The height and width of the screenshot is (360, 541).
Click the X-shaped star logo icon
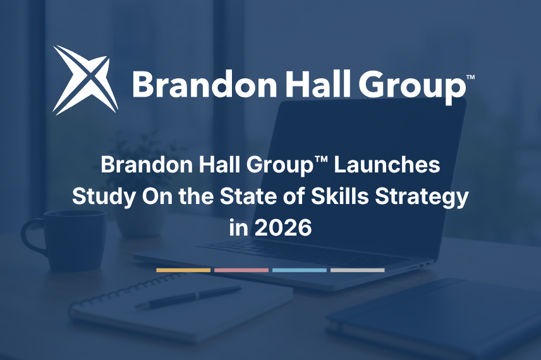pos(85,80)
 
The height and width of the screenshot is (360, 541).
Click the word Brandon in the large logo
pos(204,83)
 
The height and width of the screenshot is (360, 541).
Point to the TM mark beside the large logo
pos(470,77)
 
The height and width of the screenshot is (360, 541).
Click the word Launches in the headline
pos(387,164)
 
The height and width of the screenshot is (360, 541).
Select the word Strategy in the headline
pos(422,197)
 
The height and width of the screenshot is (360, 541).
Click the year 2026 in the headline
pos(283,228)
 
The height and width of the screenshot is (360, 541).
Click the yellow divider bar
pos(183,270)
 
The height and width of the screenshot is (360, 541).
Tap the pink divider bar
pos(241,270)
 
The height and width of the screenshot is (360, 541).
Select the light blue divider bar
pos(300,270)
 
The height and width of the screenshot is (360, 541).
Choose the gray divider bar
pos(358,270)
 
